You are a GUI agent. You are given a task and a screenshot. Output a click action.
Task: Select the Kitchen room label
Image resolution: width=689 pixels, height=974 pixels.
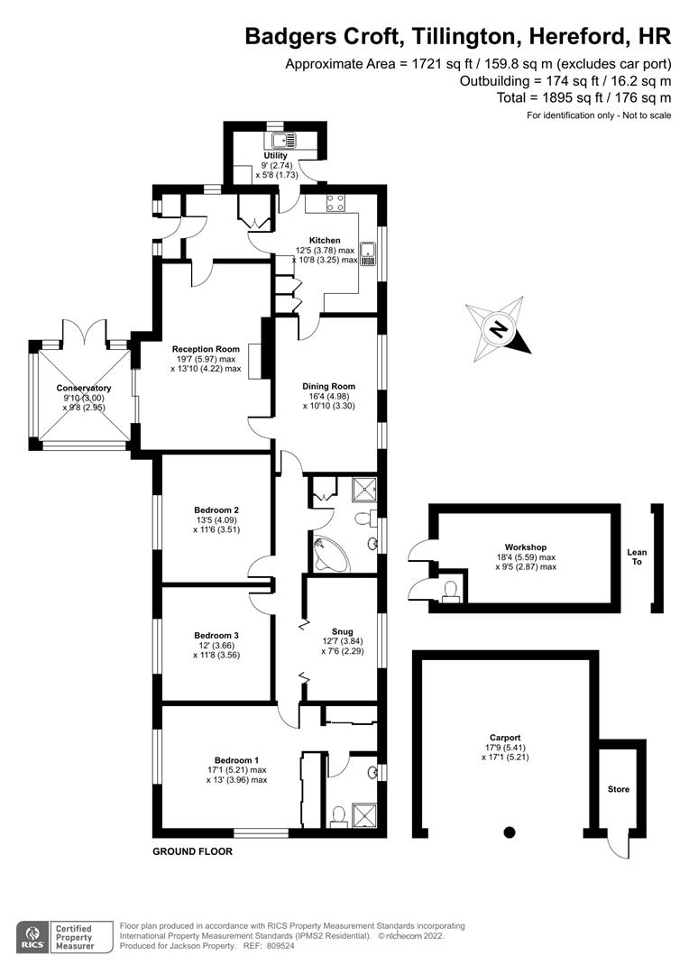click(x=325, y=240)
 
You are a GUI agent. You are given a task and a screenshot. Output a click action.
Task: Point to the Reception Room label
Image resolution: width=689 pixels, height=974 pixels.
click(x=207, y=349)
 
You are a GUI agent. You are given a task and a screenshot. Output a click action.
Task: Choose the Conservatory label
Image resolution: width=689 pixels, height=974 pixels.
click(x=83, y=389)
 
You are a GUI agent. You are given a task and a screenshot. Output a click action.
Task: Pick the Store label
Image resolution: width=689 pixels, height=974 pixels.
click(x=618, y=789)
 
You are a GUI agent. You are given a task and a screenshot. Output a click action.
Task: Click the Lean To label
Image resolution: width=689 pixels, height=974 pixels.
click(x=638, y=557)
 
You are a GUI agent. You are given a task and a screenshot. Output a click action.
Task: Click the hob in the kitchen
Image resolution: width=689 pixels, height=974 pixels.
click(x=337, y=204)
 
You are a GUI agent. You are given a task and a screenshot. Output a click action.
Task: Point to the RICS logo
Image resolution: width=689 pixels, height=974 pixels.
click(x=35, y=935)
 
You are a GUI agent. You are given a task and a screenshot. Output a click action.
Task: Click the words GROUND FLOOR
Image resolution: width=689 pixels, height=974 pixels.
click(x=192, y=851)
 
